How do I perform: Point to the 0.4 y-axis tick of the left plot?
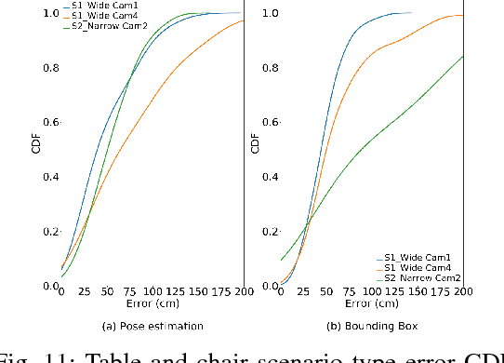pyautogui.click(x=48, y=177)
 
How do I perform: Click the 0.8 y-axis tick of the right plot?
pyautogui.click(x=270, y=68)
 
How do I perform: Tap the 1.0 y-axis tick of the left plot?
pyautogui.click(x=48, y=14)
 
